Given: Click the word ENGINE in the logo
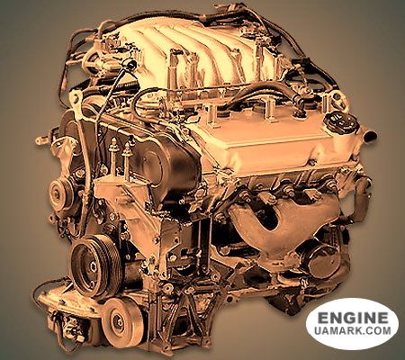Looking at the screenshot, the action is point(353,318).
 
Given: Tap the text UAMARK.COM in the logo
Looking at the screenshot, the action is point(353,330).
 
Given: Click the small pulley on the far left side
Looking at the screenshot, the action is point(60,193).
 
